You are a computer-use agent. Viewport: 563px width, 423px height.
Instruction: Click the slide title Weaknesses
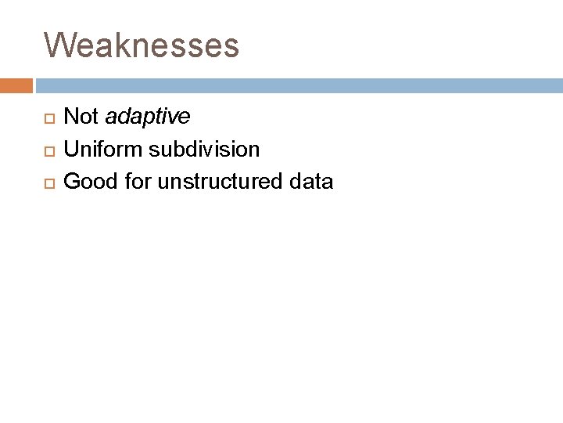pos(142,45)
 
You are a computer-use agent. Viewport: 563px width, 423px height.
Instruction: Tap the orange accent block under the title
pos(16,85)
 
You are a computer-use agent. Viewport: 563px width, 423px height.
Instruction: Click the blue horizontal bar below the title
pos(297,85)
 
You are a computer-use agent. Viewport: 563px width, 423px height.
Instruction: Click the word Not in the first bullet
pos(81,117)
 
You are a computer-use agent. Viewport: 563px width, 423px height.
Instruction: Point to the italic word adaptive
pos(147,117)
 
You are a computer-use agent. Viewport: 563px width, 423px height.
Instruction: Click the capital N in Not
pos(70,117)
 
